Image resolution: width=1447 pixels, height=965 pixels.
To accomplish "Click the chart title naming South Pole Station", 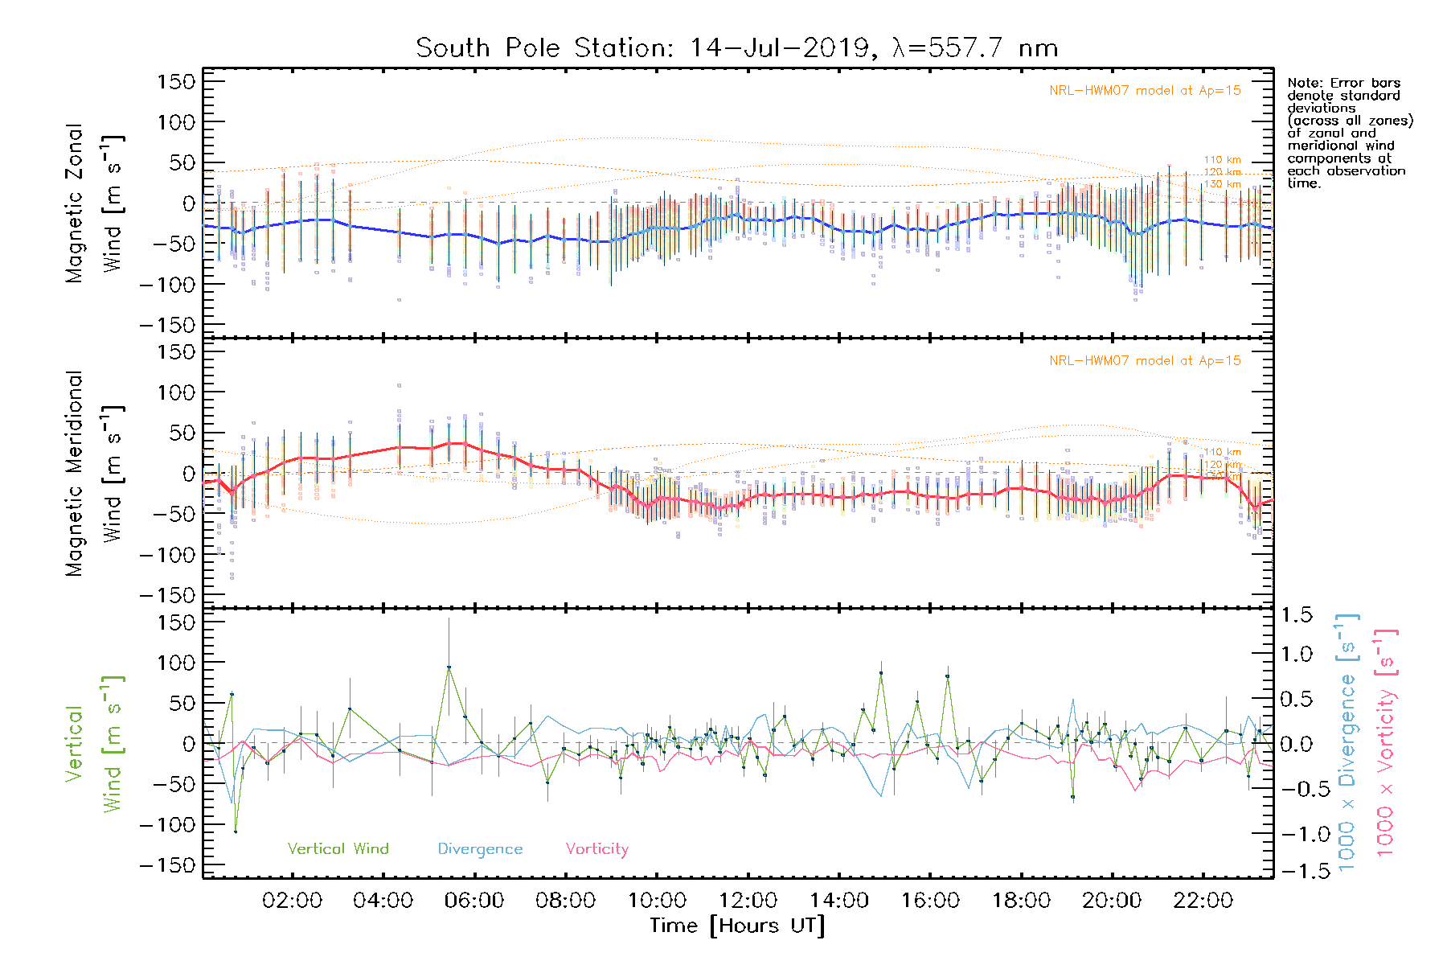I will (x=736, y=48).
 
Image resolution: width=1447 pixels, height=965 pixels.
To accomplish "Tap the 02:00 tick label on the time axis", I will (x=292, y=901).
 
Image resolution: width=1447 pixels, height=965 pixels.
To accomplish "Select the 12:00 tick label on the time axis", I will (x=748, y=901).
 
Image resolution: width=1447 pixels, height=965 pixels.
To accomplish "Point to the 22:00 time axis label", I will (x=1203, y=901).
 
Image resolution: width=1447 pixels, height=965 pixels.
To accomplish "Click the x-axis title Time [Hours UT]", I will (x=737, y=926).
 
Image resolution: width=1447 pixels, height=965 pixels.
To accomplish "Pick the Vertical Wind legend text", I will (x=338, y=849).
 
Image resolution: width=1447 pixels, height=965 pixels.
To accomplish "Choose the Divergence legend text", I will (x=480, y=849).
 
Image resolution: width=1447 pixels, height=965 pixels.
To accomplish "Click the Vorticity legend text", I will (x=596, y=849).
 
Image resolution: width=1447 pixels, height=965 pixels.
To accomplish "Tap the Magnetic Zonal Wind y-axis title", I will (x=94, y=203).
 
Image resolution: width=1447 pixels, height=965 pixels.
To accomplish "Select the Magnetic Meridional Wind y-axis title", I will (x=94, y=474).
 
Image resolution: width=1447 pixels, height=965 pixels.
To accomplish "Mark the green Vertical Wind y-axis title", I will (x=94, y=744).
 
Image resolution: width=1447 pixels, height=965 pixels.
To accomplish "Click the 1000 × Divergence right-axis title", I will (x=1347, y=743).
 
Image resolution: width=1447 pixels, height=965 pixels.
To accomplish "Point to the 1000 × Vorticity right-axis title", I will (x=1386, y=743).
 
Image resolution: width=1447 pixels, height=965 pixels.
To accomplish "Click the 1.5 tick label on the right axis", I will (x=1296, y=615).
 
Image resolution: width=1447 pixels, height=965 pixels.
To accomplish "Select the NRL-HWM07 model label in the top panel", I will (x=1145, y=91).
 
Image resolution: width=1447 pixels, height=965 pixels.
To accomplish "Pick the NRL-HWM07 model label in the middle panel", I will (x=1145, y=361).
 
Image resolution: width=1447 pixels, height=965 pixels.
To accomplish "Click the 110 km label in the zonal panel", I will (x=1222, y=160).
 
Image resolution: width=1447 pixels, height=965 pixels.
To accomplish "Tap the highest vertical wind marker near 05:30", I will (x=449, y=667).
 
